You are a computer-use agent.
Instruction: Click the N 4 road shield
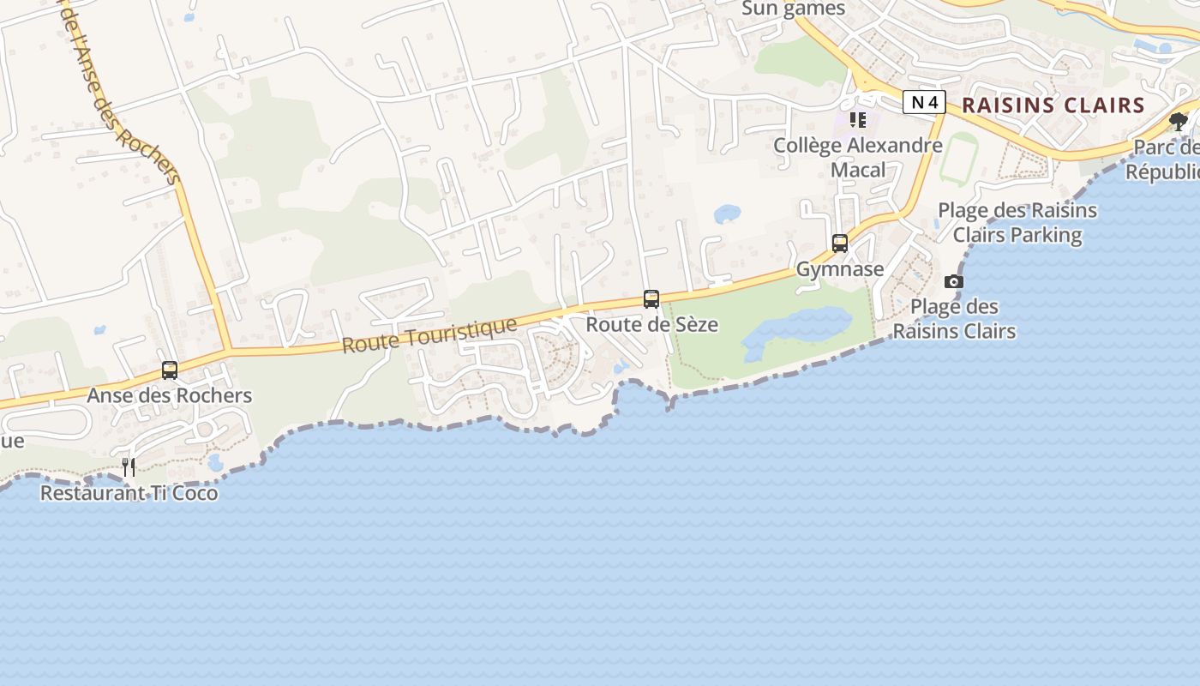tap(924, 103)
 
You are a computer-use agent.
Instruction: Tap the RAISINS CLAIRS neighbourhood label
tap(1053, 105)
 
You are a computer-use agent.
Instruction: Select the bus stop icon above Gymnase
tap(840, 244)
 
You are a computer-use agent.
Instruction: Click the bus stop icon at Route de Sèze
tap(651, 299)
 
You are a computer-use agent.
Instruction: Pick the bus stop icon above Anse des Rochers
tap(170, 370)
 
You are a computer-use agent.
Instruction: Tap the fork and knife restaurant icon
tap(129, 466)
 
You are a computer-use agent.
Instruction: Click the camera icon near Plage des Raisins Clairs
tap(953, 281)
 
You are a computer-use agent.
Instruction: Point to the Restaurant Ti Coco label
tap(129, 493)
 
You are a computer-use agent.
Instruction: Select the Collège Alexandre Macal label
tap(858, 157)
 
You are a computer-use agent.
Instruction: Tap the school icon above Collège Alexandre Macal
tap(858, 120)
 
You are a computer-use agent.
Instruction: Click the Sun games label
tap(793, 9)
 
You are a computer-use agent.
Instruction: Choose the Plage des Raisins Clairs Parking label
tap(1017, 222)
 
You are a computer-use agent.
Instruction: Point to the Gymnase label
tap(840, 269)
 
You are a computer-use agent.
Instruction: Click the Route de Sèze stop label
tap(652, 325)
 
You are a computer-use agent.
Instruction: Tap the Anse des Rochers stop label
tap(170, 395)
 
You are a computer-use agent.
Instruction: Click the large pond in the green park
tap(793, 330)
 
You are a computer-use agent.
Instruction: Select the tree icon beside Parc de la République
tap(1179, 121)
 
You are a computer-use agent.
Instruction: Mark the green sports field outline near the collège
tap(958, 158)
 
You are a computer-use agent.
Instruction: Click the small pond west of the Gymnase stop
tap(727, 213)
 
